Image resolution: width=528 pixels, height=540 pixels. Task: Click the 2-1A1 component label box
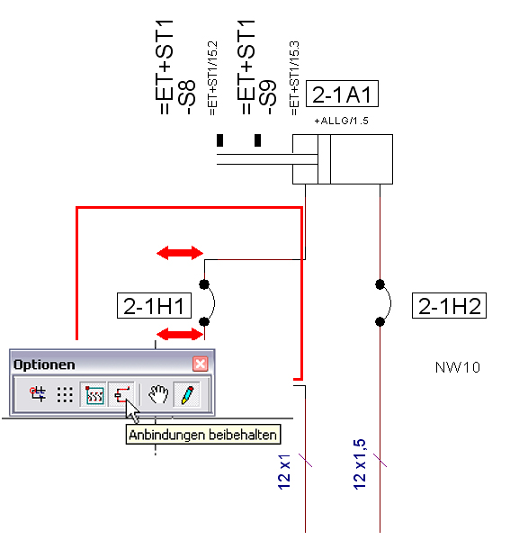point(342,94)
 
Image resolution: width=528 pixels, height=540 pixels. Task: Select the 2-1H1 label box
point(154,305)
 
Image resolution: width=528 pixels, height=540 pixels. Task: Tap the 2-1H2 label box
point(449,305)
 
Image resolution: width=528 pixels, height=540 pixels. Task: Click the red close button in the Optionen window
point(201,364)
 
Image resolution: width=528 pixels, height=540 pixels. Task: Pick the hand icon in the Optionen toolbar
point(158,394)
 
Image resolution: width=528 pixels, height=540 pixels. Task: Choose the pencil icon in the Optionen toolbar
point(187,394)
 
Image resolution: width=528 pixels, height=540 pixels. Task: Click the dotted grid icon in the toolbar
point(65,395)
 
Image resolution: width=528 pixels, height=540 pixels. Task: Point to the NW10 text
point(458,367)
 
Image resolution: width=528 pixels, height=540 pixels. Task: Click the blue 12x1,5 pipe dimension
point(359,463)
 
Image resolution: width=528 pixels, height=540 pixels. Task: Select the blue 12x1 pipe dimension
point(284,472)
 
